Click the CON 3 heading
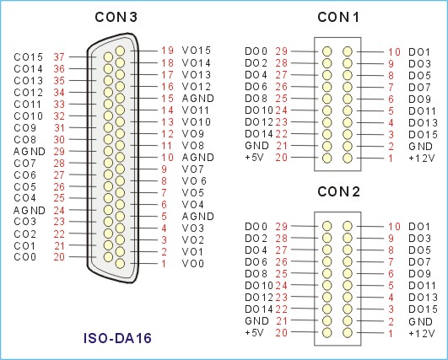pyautogui.click(x=116, y=17)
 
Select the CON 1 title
pyautogui.click(x=338, y=17)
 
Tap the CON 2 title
pyautogui.click(x=338, y=191)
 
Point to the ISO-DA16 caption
pyautogui.click(x=117, y=338)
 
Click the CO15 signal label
pyautogui.click(x=29, y=57)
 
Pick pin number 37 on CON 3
pyautogui.click(x=59, y=57)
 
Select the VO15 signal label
pyautogui.click(x=197, y=51)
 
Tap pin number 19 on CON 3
pyautogui.click(x=167, y=51)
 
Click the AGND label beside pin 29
pyautogui.click(x=30, y=151)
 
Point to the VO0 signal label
pyautogui.click(x=193, y=264)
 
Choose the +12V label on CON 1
pyautogui.click(x=422, y=159)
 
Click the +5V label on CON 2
pyautogui.click(x=254, y=332)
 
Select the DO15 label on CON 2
pyautogui.click(x=424, y=309)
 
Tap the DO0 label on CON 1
pyautogui.click(x=256, y=51)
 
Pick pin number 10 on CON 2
pyautogui.click(x=394, y=227)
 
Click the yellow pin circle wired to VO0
pyautogui.click(x=120, y=263)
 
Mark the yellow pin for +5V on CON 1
pyautogui.click(x=327, y=158)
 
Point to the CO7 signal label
pyautogui.click(x=24, y=164)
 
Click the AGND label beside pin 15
pyautogui.click(x=198, y=99)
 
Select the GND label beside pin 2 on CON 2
pyautogui.click(x=420, y=321)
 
